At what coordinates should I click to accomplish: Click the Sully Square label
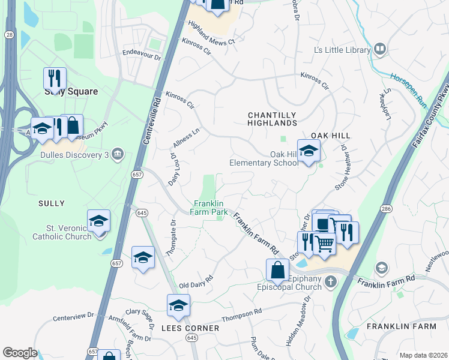[71, 92]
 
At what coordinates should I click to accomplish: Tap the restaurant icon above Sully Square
[55, 78]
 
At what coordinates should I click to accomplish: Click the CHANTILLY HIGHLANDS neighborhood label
[273, 119]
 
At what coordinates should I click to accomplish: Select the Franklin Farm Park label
[209, 208]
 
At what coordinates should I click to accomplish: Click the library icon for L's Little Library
[379, 50]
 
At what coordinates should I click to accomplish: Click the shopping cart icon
[325, 243]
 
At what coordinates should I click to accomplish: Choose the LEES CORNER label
[190, 328]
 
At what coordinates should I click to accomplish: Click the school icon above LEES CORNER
[178, 306]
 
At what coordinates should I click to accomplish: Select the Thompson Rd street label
[242, 314]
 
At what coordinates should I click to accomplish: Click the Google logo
[20, 353]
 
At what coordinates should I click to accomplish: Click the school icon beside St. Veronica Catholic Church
[99, 221]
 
